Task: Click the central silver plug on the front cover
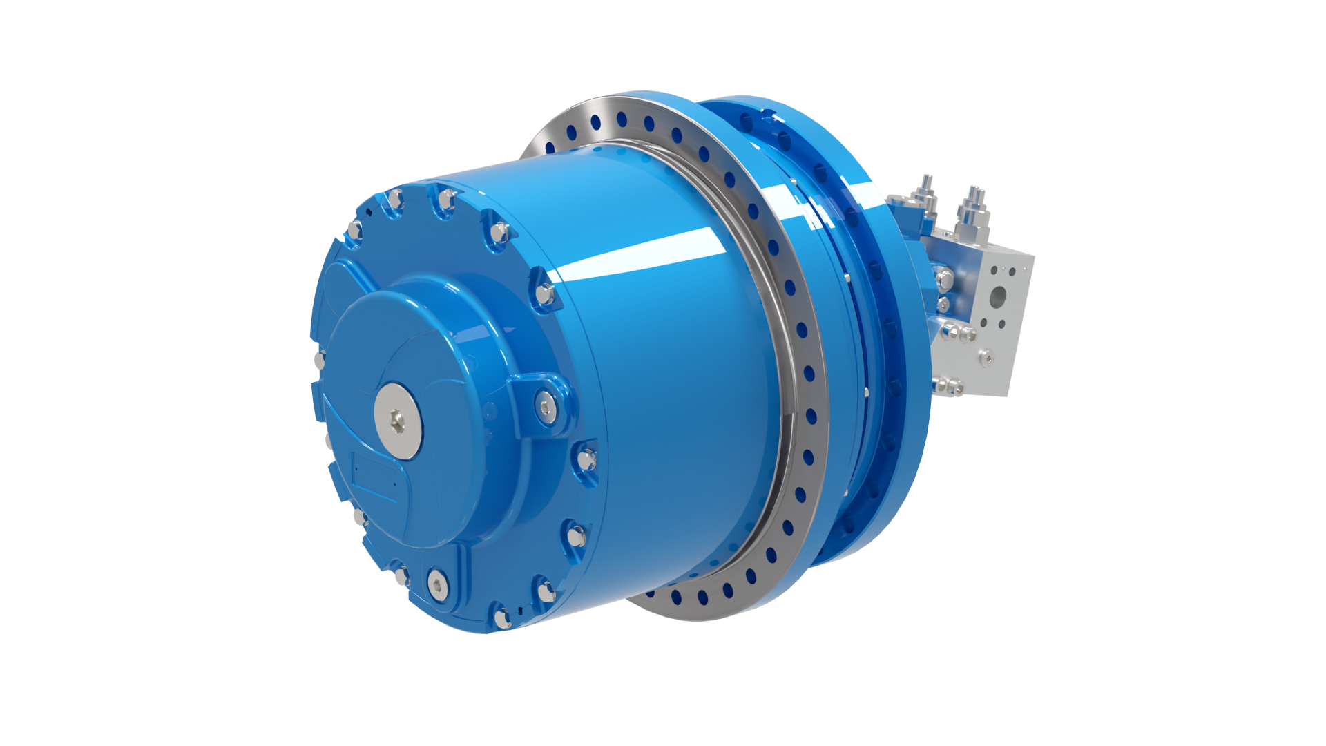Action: [x=398, y=419]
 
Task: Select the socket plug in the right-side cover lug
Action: [x=546, y=407]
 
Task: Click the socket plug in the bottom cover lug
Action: [x=437, y=583]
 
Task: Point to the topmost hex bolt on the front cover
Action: [x=448, y=198]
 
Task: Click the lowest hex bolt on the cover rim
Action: [x=503, y=617]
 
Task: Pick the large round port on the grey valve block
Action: [x=998, y=297]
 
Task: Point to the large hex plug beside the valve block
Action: [x=945, y=280]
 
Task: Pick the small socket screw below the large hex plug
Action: [x=943, y=305]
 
